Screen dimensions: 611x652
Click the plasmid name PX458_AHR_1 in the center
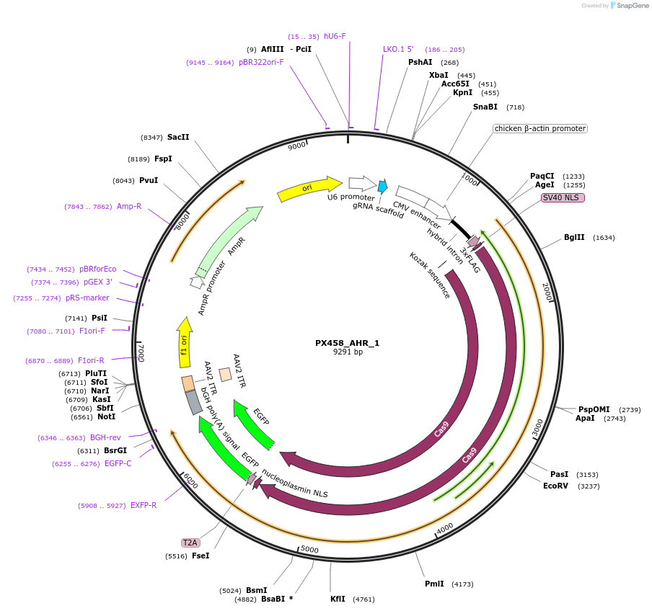[347, 343]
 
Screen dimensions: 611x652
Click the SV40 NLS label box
[563, 197]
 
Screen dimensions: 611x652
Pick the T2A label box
[190, 543]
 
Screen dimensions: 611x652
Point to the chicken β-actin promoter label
[539, 129]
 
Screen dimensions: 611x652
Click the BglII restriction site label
[574, 238]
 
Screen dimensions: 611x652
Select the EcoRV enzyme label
[556, 486]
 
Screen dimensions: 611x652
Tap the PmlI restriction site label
[434, 584]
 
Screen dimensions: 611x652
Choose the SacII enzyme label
[178, 137]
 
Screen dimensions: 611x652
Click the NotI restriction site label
[107, 417]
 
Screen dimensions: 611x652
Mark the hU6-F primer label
[335, 36]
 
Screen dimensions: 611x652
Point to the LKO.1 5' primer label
[398, 50]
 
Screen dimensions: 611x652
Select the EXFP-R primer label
[144, 505]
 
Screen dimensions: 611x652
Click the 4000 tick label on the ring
[445, 527]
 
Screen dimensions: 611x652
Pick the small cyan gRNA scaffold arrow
[382, 187]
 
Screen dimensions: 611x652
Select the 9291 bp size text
[348, 352]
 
